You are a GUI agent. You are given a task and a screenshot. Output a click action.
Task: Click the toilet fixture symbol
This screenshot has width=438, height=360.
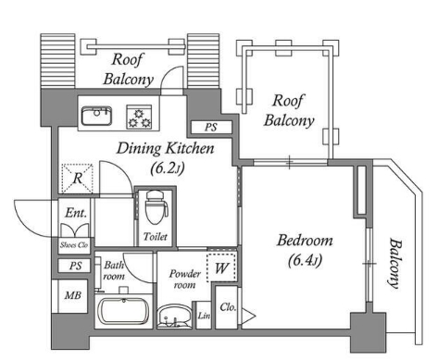tap(156, 207)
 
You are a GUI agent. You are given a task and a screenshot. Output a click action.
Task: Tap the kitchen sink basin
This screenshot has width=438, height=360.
tap(96, 116)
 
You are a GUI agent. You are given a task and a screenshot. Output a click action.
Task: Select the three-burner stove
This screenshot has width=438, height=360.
tap(139, 117)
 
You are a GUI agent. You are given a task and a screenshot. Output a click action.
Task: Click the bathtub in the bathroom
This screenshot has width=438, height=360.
tap(123, 311)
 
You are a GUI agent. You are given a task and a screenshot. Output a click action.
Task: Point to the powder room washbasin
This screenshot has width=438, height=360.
tap(174, 317)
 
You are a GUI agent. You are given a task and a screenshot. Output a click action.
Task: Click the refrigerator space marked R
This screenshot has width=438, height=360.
tap(77, 179)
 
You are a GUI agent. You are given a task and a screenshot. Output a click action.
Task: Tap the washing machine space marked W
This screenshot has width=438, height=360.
tap(221, 268)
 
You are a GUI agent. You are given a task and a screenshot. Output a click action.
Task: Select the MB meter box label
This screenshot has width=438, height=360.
tap(73, 296)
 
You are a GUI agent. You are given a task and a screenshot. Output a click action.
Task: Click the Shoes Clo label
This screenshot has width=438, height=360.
tap(74, 245)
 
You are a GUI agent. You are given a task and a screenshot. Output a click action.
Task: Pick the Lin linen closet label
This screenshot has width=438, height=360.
tap(204, 316)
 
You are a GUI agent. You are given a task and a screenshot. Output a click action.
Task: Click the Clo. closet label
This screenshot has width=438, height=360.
tap(228, 307)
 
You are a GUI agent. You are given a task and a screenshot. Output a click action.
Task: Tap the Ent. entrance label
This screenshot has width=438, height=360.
tap(76, 213)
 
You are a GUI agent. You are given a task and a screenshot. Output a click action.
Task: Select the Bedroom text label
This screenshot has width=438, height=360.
tap(305, 241)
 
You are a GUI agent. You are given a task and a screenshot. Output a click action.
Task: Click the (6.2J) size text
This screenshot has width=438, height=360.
tap(167, 168)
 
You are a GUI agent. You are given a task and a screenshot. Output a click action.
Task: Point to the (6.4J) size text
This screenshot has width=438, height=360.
tap(305, 261)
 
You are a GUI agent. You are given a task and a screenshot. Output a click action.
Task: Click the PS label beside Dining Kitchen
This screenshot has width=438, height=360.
tap(211, 127)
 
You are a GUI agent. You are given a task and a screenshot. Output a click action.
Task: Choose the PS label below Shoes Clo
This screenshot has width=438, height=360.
tap(75, 266)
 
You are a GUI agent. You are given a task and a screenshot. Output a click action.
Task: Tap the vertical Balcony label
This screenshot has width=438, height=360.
tap(394, 263)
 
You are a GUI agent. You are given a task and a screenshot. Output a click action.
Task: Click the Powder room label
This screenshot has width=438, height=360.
tap(185, 279)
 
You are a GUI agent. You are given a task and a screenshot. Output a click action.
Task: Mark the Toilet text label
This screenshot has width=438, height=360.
tap(156, 237)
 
